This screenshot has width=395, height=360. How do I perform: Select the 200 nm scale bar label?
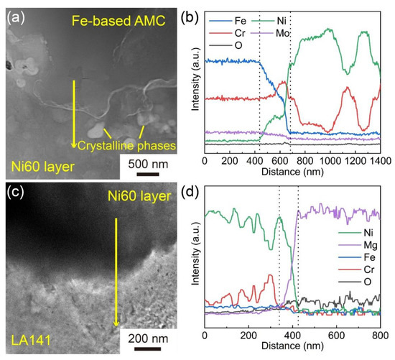154,338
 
